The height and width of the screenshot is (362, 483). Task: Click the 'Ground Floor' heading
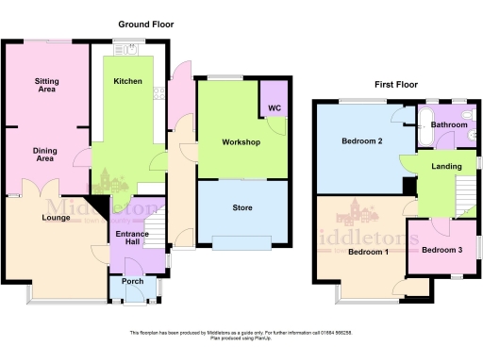(x=146, y=24)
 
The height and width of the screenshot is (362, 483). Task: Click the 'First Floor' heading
(x=395, y=84)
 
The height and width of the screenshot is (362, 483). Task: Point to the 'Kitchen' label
(x=128, y=81)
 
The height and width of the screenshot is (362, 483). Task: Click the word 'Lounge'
(x=56, y=218)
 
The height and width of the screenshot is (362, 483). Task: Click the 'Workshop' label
(x=241, y=142)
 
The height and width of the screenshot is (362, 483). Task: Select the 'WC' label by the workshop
(x=275, y=108)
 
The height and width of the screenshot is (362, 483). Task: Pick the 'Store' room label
(x=241, y=208)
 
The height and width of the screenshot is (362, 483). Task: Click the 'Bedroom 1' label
(x=369, y=252)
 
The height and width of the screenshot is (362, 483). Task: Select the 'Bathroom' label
(x=449, y=124)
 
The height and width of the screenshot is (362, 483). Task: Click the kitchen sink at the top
(x=123, y=47)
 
